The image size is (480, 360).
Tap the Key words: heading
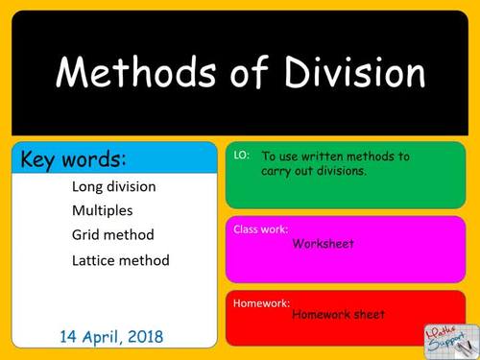[74, 158]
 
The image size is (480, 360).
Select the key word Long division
[113, 186]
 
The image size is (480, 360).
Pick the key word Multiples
[102, 210]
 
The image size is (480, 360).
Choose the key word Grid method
[112, 234]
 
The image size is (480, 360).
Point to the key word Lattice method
[120, 260]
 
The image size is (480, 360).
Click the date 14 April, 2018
[111, 336]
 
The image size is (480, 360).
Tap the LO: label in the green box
[241, 155]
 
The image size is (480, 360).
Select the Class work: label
[260, 230]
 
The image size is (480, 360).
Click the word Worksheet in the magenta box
[324, 244]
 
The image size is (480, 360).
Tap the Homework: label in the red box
[261, 302]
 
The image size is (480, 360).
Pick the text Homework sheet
[338, 314]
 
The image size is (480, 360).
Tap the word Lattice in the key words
[93, 260]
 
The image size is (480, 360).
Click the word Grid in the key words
[85, 234]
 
